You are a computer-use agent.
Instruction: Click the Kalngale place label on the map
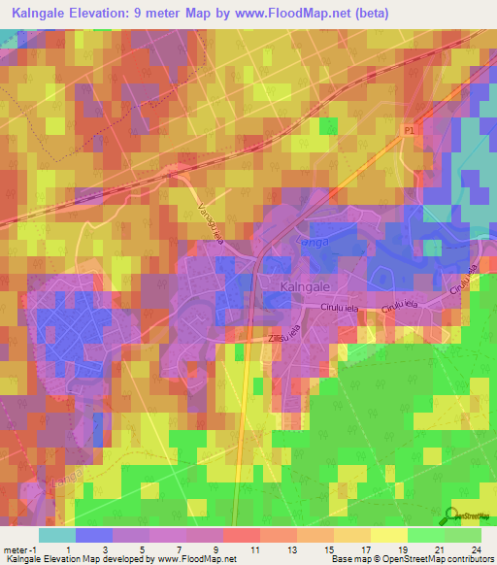click(308, 287)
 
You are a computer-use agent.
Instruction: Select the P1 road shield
click(409, 127)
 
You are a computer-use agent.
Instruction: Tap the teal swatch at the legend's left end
click(57, 535)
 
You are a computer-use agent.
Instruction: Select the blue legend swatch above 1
click(94, 535)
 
